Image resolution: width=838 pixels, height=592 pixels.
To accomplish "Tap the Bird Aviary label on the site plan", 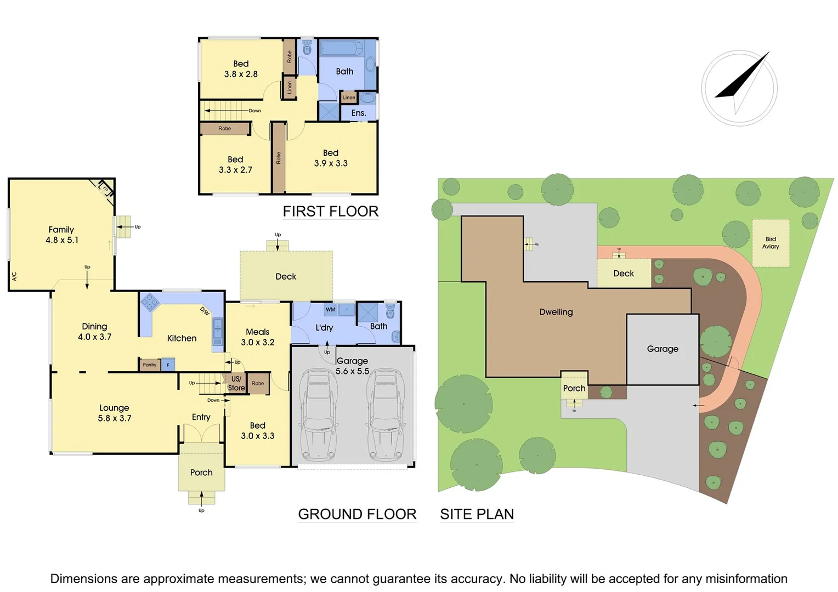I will [771, 243].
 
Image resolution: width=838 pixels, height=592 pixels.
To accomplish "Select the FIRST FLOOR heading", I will [330, 212].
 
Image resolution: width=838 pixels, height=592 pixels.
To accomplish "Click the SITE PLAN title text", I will [477, 514].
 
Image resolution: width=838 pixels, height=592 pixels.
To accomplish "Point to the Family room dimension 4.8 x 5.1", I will [62, 240].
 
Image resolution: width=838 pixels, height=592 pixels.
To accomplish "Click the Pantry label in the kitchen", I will [149, 365].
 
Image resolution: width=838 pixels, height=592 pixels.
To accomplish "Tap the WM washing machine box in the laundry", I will [331, 310].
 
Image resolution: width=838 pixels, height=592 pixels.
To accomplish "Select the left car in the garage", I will [318, 414].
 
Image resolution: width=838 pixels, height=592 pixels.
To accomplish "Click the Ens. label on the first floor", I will [358, 113].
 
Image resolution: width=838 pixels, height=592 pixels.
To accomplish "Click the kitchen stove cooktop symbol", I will [150, 303].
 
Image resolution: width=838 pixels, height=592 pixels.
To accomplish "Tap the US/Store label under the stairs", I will [236, 383].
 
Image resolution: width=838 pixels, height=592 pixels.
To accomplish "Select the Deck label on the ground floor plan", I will [286, 277].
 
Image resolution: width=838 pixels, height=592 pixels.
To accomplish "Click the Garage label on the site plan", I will [663, 349].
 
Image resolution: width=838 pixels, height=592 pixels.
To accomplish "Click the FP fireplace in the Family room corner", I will [105, 188].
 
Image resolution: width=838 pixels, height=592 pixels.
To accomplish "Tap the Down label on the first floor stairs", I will [254, 111].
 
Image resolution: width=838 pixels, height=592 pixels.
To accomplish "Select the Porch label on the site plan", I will [574, 389].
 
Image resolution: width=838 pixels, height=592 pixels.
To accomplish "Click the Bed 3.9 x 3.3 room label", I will [331, 158].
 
